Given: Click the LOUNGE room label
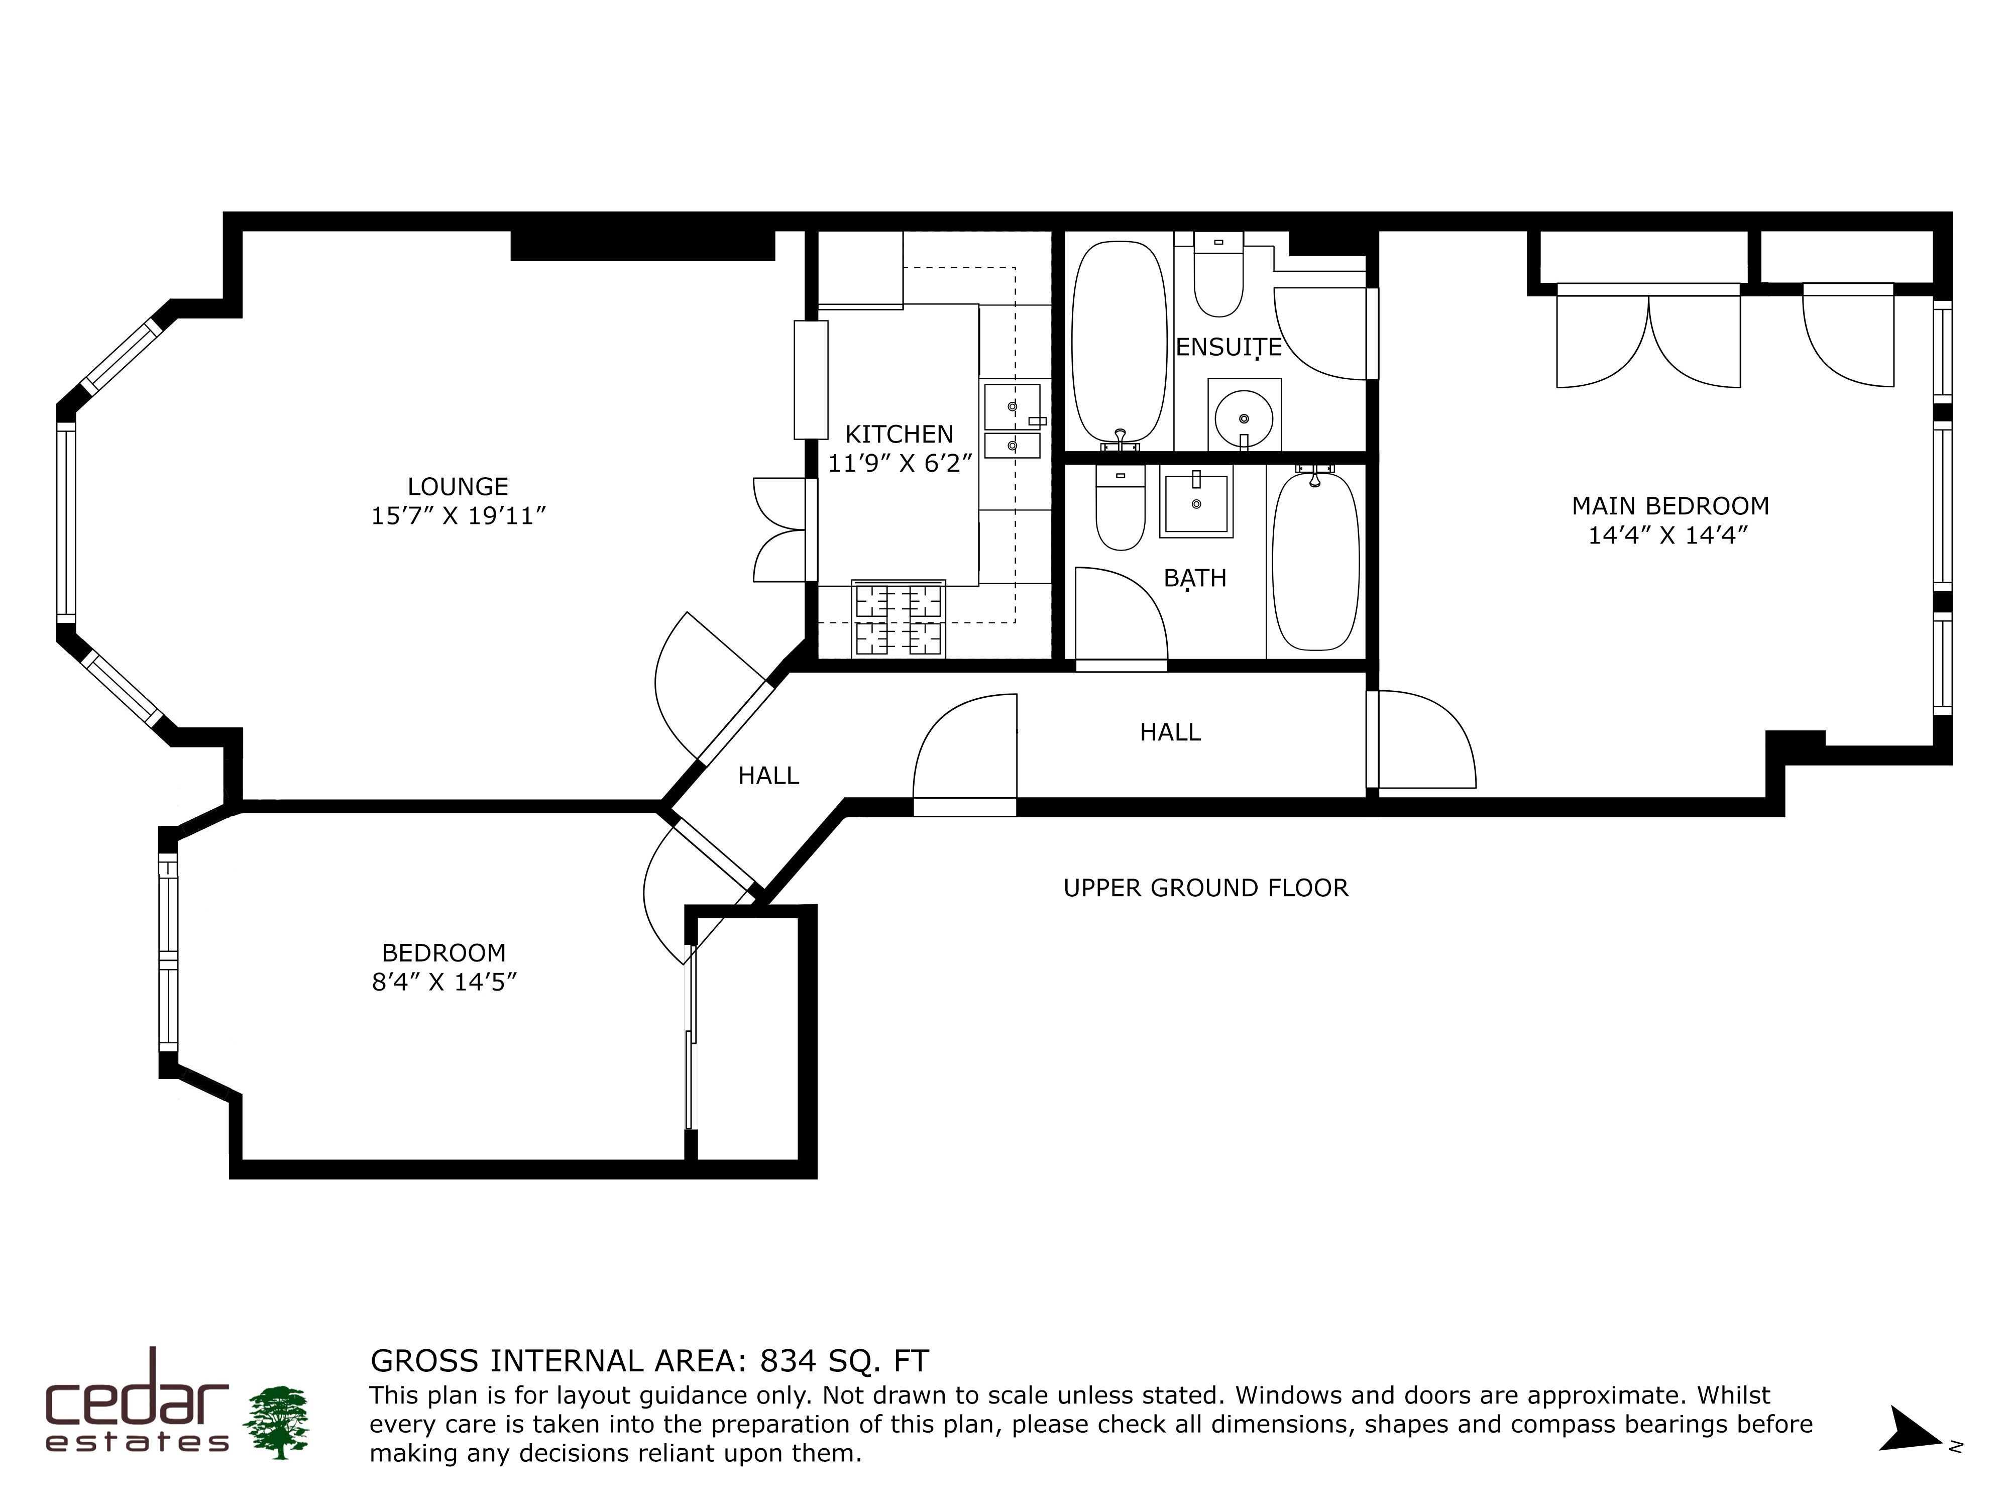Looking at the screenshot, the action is pyautogui.click(x=457, y=487).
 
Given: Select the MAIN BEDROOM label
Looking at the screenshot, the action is pyautogui.click(x=1670, y=506).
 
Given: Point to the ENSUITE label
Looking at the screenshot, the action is pyautogui.click(x=1229, y=347).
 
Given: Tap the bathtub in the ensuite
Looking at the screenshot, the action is pyautogui.click(x=1119, y=343).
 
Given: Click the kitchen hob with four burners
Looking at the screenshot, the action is pyautogui.click(x=898, y=618).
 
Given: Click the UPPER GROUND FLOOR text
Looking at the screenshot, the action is pyautogui.click(x=1205, y=888).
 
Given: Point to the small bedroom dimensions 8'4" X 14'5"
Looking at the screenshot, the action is pyautogui.click(x=444, y=982).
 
